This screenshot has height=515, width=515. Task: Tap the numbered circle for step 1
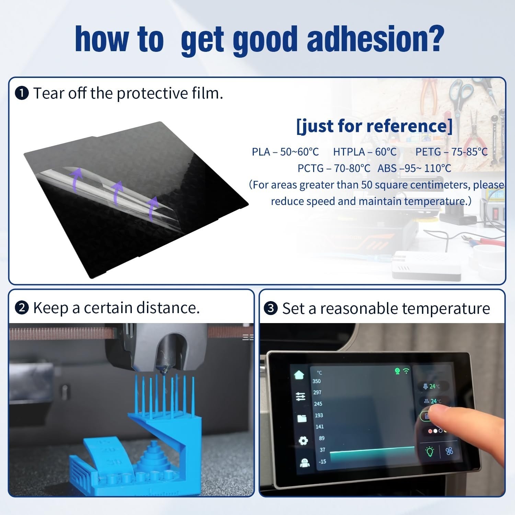click(x=22, y=93)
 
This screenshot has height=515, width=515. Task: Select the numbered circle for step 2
click(x=22, y=308)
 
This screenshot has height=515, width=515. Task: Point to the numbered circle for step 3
click(x=271, y=308)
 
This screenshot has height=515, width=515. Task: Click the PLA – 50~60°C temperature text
click(x=285, y=152)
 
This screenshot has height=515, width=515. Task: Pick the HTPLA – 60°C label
click(x=365, y=152)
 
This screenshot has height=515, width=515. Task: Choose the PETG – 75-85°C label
click(x=451, y=152)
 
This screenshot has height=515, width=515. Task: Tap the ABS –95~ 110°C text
click(x=414, y=168)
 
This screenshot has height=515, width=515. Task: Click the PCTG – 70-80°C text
click(x=334, y=168)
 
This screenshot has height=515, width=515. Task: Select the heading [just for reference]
click(x=375, y=126)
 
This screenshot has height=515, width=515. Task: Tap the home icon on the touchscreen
click(x=299, y=374)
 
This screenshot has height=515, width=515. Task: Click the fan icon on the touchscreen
click(x=449, y=451)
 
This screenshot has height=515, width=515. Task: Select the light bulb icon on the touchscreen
click(x=430, y=451)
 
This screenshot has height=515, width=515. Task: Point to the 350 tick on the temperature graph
click(x=317, y=381)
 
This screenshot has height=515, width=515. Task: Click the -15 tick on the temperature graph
click(x=322, y=461)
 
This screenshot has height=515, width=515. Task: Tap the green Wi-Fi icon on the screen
click(x=406, y=371)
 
